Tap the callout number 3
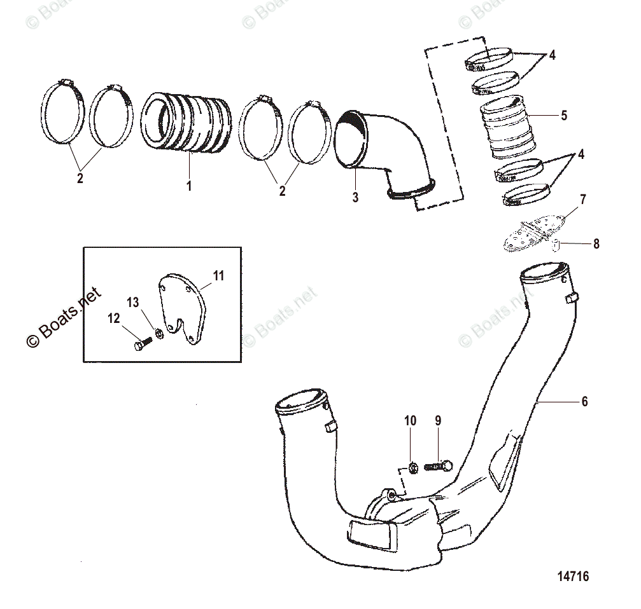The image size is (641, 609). (355, 197)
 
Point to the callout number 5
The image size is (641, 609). (563, 116)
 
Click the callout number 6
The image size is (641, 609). (585, 401)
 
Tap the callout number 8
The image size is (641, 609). (596, 243)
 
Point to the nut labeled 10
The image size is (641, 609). (411, 469)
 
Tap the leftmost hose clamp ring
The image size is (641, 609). (64, 114)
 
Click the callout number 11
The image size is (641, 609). (218, 275)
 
